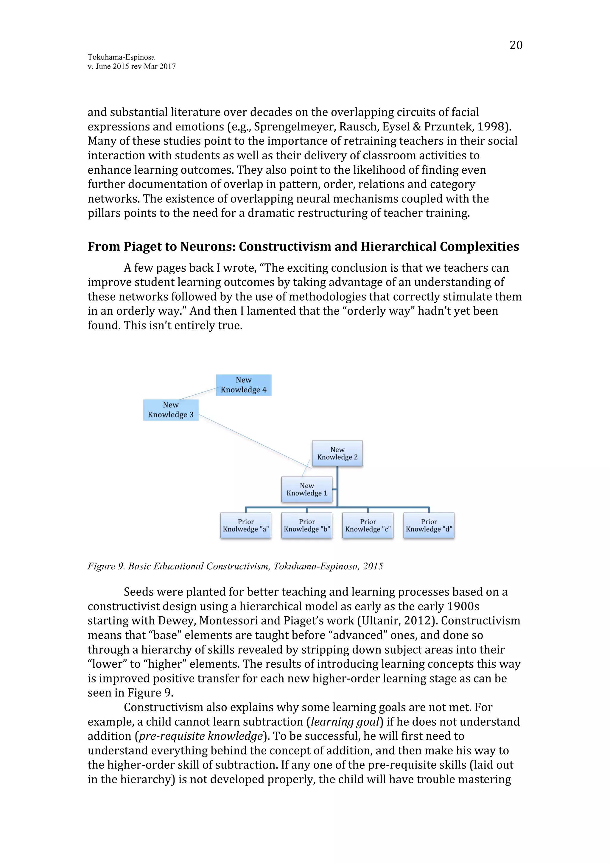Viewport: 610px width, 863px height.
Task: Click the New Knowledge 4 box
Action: [x=244, y=385]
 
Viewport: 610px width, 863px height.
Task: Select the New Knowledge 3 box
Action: [x=171, y=410]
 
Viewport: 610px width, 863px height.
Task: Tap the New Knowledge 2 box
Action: [x=337, y=453]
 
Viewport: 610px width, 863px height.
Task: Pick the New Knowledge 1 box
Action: [x=307, y=489]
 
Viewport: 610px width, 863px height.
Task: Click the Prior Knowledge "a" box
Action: [x=246, y=525]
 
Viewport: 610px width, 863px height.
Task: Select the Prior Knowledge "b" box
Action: [x=307, y=525]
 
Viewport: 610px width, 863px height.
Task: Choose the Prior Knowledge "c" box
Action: [x=368, y=525]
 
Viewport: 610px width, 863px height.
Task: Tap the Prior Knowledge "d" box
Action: [x=429, y=525]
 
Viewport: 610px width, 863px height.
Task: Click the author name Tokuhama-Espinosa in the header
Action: [x=121, y=57]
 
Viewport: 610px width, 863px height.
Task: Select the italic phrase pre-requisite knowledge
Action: [x=200, y=736]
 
